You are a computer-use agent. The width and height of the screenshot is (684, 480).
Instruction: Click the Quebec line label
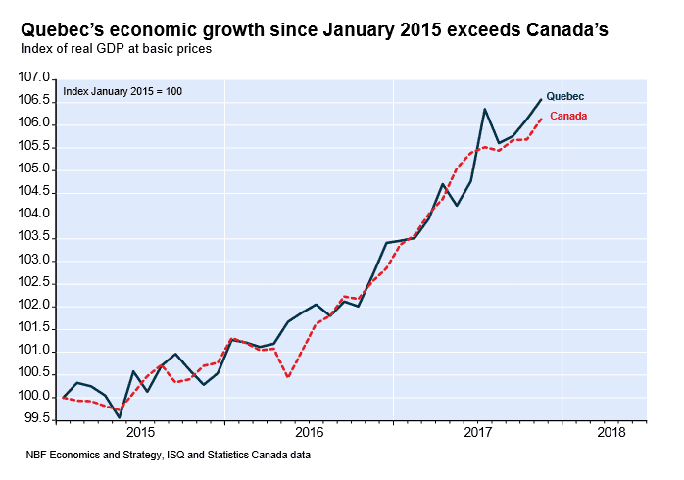pos(564,96)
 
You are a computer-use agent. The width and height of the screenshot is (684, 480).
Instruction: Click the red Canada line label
pos(568,117)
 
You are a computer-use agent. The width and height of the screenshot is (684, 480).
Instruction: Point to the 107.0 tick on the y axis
pos(34,77)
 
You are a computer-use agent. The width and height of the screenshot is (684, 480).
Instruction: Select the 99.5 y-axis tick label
pos(34,418)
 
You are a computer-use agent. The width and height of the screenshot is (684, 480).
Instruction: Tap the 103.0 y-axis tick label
pos(34,260)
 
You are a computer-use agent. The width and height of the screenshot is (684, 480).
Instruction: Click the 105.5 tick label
pos(34,146)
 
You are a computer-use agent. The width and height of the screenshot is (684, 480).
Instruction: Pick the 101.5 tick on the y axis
pos(34,328)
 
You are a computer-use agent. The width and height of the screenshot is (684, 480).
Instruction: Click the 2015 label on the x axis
pos(140,432)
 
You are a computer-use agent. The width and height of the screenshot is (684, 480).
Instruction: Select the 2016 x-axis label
pos(309,432)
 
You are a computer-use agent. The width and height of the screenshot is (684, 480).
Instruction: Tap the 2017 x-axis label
pos(477,432)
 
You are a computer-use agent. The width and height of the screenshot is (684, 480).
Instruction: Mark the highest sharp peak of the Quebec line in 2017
pos(485,109)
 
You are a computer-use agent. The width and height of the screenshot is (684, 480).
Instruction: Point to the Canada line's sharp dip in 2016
pos(288,376)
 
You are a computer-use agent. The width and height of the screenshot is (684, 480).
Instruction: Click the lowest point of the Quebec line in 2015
pos(120,417)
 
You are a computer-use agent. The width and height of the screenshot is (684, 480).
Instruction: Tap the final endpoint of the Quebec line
pos(541,99)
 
